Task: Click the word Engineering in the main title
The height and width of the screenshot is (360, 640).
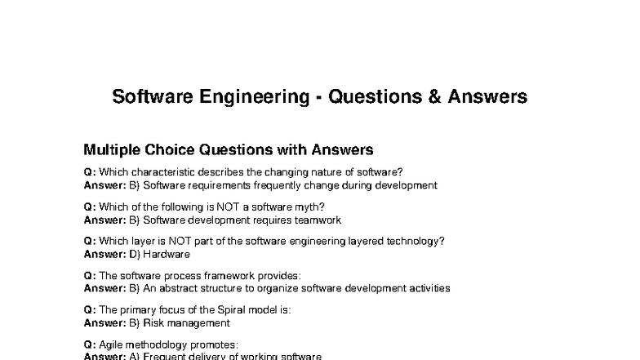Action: pos(255,97)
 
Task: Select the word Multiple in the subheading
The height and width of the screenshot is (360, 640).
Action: pos(113,150)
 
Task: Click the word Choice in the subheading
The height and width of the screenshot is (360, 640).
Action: pos(174,150)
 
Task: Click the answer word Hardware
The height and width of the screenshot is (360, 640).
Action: pos(167,254)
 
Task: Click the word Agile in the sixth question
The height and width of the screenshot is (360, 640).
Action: pos(112,344)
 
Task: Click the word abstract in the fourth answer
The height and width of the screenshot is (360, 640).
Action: pos(179,288)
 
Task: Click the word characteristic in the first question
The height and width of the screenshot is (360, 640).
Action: pos(164,172)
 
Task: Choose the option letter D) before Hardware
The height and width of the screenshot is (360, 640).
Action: pos(136,254)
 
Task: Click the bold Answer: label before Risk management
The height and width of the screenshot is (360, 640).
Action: pos(104,322)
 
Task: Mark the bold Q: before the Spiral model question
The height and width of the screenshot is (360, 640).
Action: pos(90,310)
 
